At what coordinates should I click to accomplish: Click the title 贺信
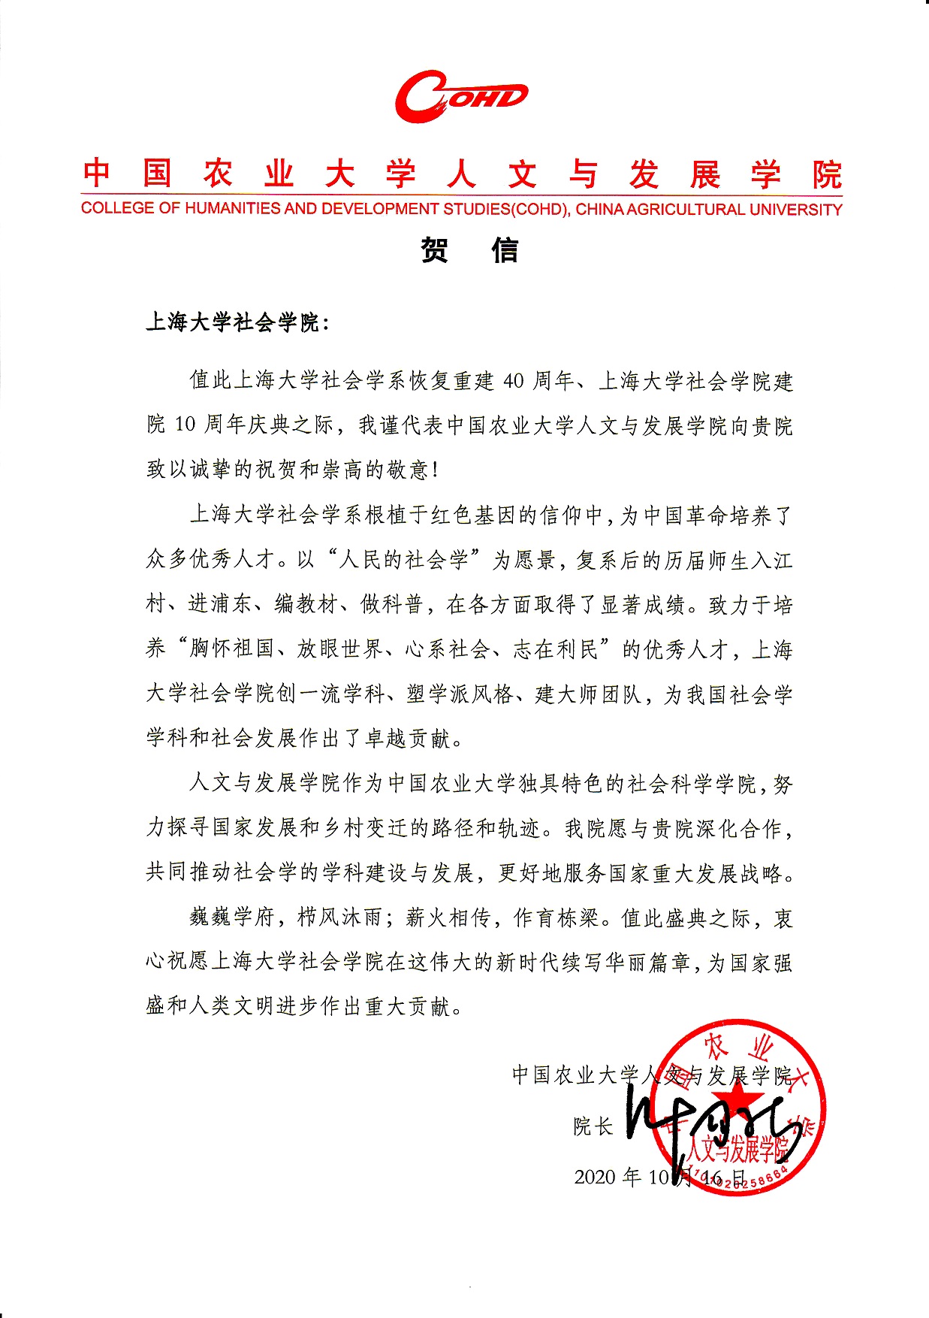click(x=469, y=250)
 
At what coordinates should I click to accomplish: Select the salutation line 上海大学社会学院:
click(x=237, y=323)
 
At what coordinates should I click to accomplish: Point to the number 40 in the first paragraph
click(x=513, y=381)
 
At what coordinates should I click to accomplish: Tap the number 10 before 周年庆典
click(x=185, y=425)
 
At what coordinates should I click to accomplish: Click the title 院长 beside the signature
click(x=593, y=1126)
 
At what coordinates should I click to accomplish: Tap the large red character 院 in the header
click(x=826, y=175)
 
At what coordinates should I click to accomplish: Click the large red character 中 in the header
click(x=97, y=173)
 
